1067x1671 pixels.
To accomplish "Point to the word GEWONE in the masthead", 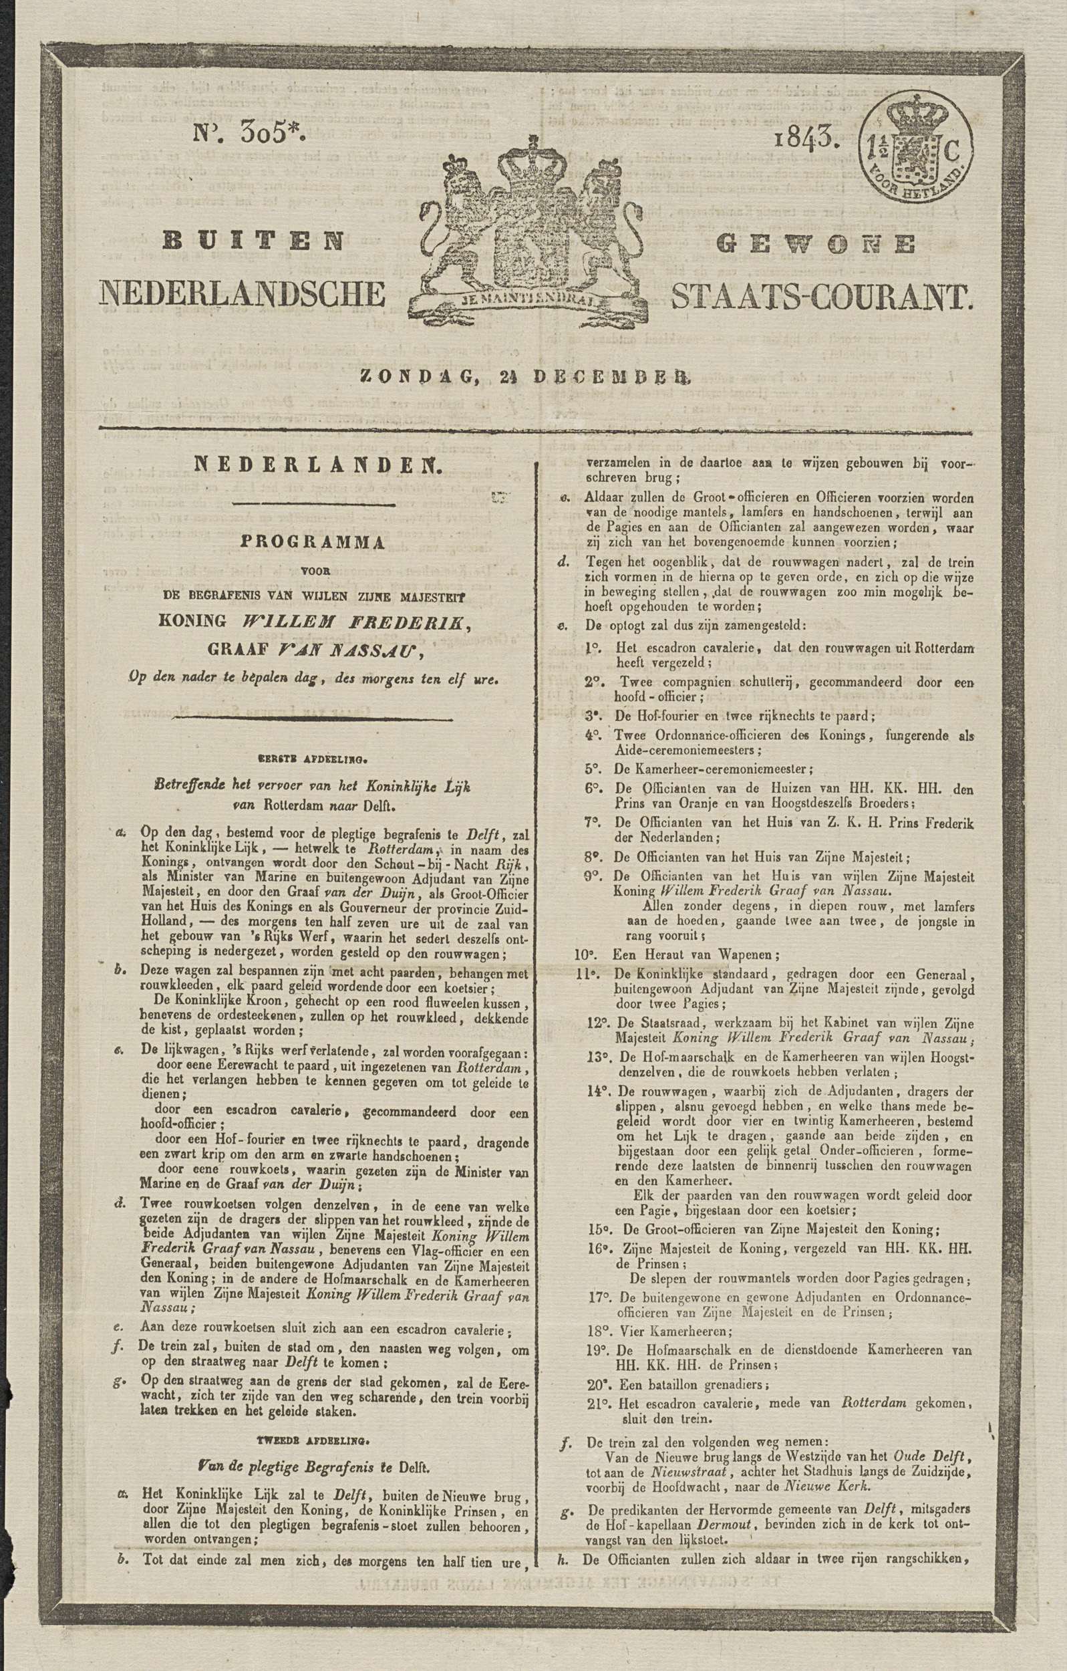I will coord(817,243).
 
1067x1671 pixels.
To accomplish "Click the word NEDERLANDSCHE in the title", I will coord(243,294).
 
